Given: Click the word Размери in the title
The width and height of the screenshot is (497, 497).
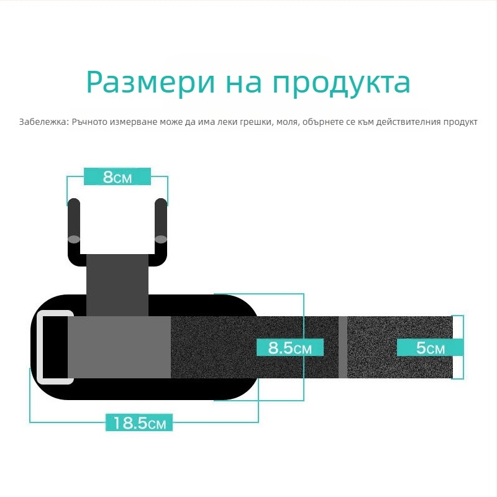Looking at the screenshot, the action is click(x=151, y=83).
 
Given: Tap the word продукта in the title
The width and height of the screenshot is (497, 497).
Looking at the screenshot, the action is click(x=342, y=84).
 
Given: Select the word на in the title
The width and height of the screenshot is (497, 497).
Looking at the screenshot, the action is click(x=244, y=83).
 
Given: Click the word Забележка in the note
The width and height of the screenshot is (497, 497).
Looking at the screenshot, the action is click(x=43, y=122).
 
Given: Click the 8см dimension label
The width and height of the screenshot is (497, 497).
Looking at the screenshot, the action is click(x=117, y=176).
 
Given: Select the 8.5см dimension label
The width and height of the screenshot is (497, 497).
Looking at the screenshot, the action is click(x=290, y=348).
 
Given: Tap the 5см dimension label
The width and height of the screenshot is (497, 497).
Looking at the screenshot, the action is click(x=430, y=348).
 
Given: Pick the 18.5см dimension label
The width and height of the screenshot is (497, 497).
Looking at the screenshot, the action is click(x=139, y=422).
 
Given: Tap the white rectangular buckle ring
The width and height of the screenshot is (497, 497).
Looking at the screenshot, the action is click(x=40, y=347).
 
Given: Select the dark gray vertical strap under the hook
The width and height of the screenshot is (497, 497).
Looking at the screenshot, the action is click(x=117, y=285).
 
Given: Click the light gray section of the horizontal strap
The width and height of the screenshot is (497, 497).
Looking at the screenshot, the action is click(x=119, y=347).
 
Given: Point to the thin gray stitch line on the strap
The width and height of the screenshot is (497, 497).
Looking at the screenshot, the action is click(x=343, y=347).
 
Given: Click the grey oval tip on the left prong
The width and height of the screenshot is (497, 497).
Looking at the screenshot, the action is click(x=74, y=239).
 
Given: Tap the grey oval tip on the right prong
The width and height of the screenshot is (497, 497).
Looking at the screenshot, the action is click(x=161, y=239).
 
